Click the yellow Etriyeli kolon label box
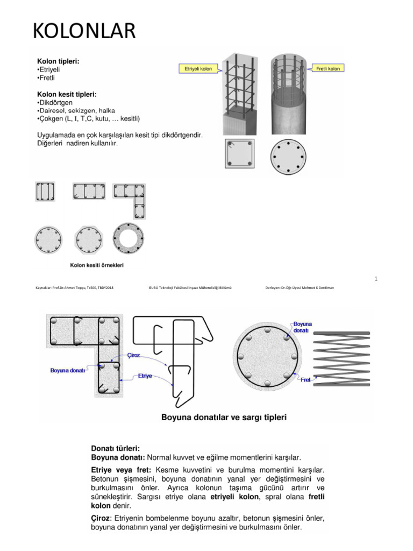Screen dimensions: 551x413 (198, 69)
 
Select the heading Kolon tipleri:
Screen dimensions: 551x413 (58, 62)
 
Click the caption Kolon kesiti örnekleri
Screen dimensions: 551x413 (99, 265)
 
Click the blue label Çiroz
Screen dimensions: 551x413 (134, 356)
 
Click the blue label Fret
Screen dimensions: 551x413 (305, 380)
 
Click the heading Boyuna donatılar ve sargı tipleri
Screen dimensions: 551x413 (224, 417)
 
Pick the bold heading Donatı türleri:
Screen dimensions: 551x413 (116, 448)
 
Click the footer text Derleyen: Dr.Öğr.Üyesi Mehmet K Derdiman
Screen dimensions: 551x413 (300, 288)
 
